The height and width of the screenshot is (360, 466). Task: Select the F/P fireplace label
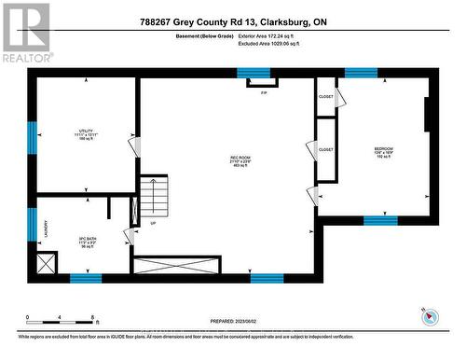(264, 92)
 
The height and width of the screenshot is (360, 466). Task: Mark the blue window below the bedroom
(380, 220)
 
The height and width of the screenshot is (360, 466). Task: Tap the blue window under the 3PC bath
(86, 277)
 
